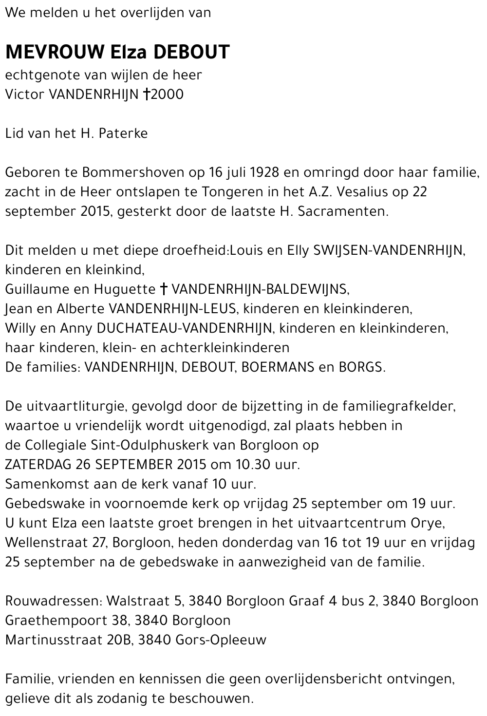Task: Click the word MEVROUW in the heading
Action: [x=53, y=52]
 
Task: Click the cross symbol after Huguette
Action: [x=164, y=289]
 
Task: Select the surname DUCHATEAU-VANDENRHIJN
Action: [x=185, y=328]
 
